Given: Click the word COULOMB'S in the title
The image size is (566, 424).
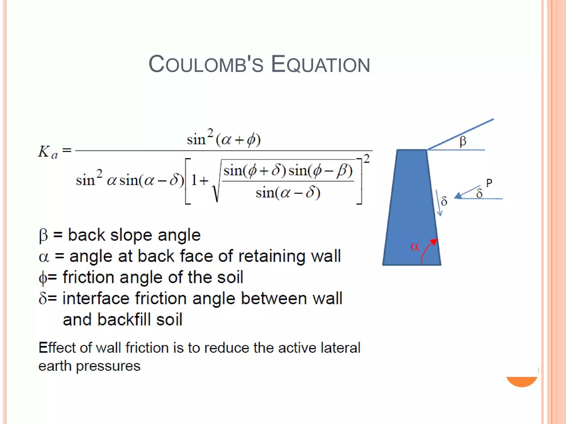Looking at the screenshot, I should tap(206, 64).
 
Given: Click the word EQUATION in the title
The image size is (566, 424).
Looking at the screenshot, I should tap(320, 64).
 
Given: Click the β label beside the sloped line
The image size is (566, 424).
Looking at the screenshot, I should tap(463, 141).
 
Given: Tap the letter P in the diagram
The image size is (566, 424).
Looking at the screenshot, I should tap(489, 183).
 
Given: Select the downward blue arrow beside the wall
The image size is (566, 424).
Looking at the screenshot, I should tap(439, 203).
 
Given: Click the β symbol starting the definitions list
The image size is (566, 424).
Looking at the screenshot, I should tap(43, 236).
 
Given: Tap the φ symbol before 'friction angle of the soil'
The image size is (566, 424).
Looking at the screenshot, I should tap(43, 278).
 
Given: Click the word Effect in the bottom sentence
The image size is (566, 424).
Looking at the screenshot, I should tap(57, 348).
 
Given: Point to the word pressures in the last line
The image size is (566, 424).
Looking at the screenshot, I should tap(108, 366).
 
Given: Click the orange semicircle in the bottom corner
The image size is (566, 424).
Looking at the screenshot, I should tap(522, 381).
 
